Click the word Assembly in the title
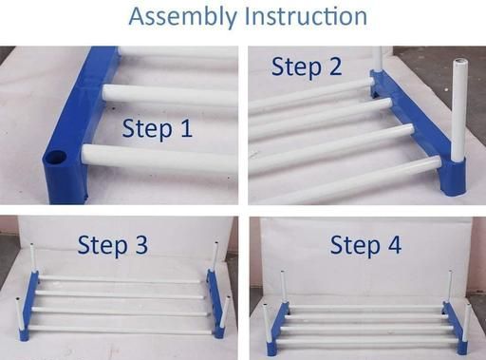click(183, 17)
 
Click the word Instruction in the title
click(307, 16)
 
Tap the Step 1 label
click(158, 129)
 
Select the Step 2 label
click(307, 67)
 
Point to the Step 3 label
click(113, 245)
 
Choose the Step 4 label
click(365, 245)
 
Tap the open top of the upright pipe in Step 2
click(460, 62)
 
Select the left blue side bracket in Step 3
click(29, 306)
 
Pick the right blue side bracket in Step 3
click(215, 302)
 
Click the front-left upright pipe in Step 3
click(19, 313)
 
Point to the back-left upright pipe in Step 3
click(33, 257)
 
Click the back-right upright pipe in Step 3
click(215, 256)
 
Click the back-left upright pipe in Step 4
click(284, 287)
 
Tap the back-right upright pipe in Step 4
click(450, 287)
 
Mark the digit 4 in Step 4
click(394, 244)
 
